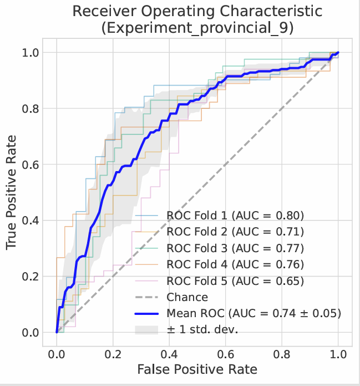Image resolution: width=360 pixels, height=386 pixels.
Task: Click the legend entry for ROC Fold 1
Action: tap(236, 214)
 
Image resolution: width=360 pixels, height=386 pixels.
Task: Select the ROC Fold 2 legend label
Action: tap(236, 231)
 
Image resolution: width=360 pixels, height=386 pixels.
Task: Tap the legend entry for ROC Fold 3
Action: tap(236, 248)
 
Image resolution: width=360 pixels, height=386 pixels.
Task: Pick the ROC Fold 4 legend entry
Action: tap(236, 264)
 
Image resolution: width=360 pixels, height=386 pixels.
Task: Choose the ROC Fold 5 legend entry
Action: tap(236, 281)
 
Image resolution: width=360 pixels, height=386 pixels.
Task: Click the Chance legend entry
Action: tap(187, 298)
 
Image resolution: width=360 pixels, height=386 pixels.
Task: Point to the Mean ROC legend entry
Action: tap(253, 314)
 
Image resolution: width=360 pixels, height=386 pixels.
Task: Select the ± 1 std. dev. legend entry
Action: tap(202, 330)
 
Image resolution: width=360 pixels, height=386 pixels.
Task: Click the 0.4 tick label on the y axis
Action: tap(31, 220)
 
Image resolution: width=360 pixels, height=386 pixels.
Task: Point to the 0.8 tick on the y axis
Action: tap(31, 108)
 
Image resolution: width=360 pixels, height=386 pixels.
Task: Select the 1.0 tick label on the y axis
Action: tap(31, 52)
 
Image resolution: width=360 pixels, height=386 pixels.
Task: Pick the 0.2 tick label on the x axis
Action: tap(113, 354)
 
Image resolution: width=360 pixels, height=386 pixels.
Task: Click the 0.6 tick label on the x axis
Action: tap(225, 354)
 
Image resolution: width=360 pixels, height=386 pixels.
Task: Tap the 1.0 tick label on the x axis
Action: tap(338, 354)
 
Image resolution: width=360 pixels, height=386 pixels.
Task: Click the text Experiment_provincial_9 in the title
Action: tap(197, 28)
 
